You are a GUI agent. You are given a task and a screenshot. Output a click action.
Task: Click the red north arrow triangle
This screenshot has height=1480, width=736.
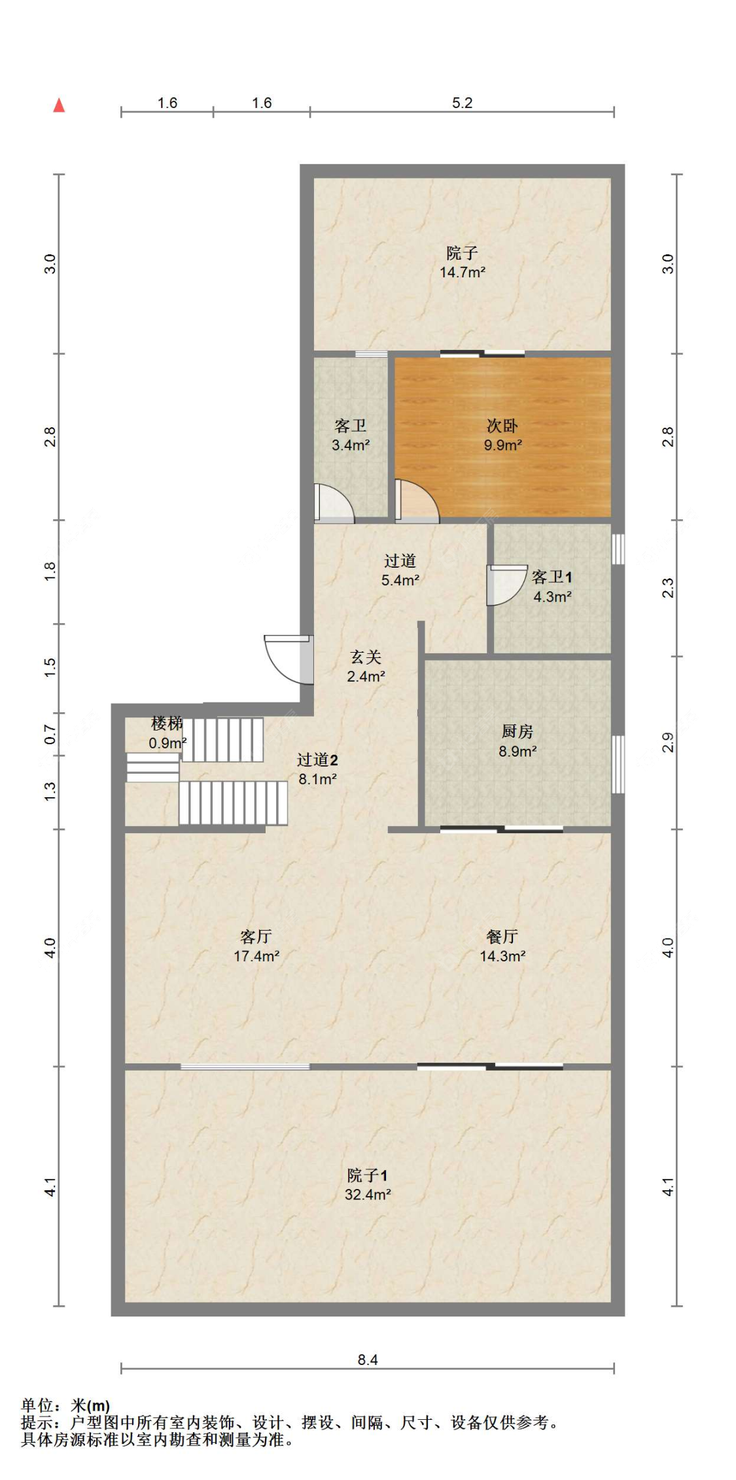point(59,105)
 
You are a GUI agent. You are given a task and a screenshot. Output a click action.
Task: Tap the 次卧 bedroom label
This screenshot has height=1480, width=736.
point(502,426)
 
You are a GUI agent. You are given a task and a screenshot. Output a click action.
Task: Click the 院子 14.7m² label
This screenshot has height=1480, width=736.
point(463,262)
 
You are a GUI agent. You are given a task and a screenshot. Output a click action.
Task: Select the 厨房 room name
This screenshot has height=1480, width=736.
point(517,732)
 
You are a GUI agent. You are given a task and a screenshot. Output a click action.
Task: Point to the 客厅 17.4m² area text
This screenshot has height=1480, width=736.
point(256,946)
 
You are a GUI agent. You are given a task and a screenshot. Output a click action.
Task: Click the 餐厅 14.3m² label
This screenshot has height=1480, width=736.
point(502,946)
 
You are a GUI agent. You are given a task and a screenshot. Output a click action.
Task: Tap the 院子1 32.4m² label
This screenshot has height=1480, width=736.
point(368,1184)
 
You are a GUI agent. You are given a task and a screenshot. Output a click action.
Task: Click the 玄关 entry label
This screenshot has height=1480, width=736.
point(366,657)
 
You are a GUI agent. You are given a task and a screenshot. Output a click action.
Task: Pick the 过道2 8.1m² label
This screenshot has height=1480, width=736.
point(317,769)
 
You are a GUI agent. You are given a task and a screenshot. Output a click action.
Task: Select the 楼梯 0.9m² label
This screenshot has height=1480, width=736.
point(167,733)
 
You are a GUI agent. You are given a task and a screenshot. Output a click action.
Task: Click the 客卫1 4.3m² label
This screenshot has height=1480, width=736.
point(552,587)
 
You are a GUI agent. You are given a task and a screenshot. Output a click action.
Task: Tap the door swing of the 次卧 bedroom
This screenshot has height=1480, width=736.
point(417,502)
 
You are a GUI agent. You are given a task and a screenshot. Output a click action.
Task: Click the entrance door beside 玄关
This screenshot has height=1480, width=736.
point(289,659)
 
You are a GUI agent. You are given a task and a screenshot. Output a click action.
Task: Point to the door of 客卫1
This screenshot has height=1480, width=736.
point(507,585)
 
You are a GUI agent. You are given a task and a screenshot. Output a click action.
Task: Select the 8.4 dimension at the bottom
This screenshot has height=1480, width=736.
point(368,1360)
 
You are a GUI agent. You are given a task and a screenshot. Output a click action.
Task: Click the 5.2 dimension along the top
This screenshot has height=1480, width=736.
point(462,103)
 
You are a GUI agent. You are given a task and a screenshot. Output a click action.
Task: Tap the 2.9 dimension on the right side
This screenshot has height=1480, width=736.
point(667,743)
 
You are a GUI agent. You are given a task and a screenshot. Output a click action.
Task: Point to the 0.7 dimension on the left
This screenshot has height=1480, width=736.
point(50,734)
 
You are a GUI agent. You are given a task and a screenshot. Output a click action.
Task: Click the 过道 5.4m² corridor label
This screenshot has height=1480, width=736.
point(400,570)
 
